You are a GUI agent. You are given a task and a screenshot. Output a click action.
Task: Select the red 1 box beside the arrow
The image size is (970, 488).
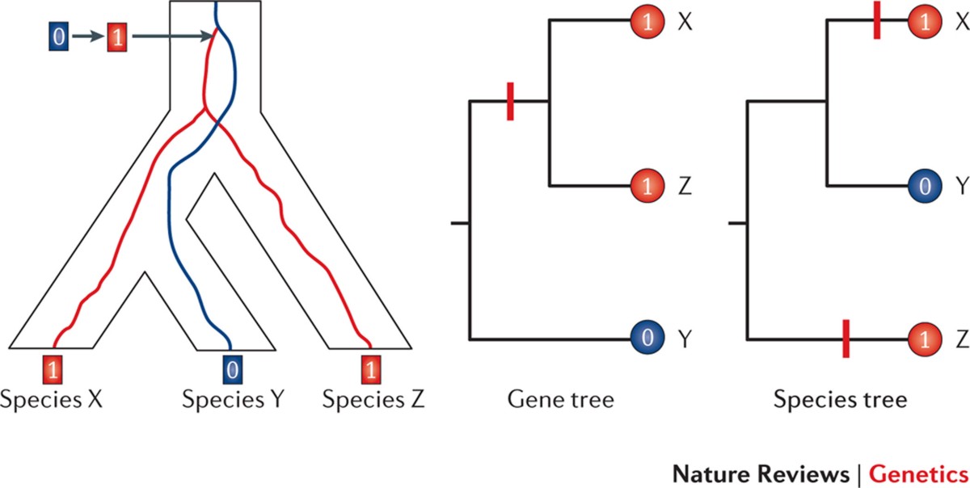coord(118,36)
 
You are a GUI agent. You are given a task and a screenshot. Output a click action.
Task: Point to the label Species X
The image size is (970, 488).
coord(54,398)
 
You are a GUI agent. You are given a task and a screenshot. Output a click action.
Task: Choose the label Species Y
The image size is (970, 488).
coord(232,398)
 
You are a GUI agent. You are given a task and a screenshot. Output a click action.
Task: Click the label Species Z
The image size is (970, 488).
coord(373,398)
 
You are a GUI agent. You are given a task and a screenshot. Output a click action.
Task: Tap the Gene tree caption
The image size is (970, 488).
coord(561,398)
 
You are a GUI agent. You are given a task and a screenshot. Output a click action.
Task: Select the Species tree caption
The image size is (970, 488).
coord(840,398)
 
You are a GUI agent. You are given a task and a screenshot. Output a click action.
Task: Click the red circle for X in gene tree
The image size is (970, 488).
coord(647,23)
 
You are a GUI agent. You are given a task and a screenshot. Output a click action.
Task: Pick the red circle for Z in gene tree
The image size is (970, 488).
coord(647,186)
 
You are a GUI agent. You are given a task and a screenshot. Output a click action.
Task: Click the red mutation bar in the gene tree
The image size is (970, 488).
coord(510,101)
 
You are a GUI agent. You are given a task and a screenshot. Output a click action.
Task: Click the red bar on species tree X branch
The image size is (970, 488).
coord(876,23)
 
